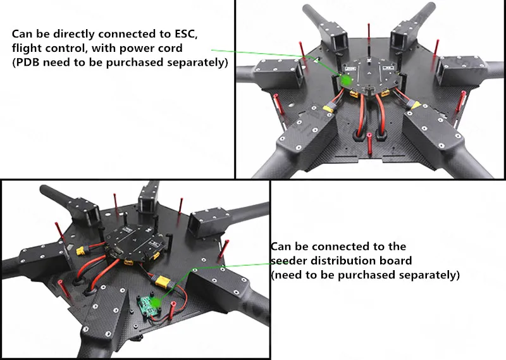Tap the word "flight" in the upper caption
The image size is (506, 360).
(26, 48)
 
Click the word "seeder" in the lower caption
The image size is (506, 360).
(288, 261)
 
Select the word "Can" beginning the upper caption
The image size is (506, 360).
(22, 34)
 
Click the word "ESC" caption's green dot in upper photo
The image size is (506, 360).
(346, 80)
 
